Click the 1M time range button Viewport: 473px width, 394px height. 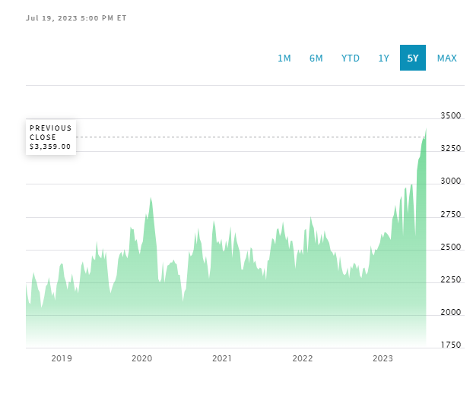[284, 58]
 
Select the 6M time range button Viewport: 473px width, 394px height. [316, 58]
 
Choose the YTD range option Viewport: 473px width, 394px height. [351, 58]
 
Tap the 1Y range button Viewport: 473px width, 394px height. [384, 58]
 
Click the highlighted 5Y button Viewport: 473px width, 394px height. [413, 58]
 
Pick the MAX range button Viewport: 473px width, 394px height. [447, 58]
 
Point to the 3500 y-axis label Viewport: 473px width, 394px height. [451, 116]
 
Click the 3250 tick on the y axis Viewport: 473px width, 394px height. [451, 149]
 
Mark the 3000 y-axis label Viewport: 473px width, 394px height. [451, 181]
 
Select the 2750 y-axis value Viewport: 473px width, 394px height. [451, 215]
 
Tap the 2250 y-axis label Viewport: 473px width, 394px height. [451, 280]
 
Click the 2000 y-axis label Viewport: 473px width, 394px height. [451, 313]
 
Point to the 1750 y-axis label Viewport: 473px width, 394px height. [451, 345]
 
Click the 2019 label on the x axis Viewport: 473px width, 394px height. [62, 358]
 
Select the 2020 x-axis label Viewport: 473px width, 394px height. [142, 358]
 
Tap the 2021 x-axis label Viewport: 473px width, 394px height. [222, 358]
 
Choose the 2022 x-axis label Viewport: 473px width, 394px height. [303, 358]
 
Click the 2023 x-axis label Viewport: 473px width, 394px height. [383, 358]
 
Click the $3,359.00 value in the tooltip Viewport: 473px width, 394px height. [50, 147]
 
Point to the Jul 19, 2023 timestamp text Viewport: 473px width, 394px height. [76, 17]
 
